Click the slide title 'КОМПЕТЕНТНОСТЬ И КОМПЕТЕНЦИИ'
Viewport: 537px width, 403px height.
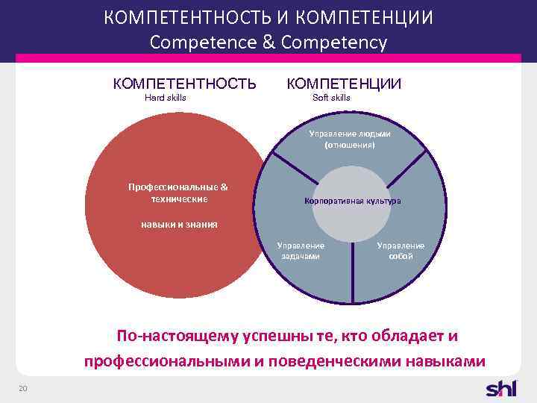(268, 18)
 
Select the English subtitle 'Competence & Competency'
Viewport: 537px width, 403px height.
(268, 43)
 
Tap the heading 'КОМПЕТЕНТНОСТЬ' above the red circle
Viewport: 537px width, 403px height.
(184, 84)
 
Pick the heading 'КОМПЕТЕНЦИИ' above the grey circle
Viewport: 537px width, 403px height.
(344, 84)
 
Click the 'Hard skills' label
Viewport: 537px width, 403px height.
(165, 98)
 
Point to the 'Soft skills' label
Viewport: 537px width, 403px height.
(330, 98)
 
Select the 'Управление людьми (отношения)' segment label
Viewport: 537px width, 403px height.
(350, 140)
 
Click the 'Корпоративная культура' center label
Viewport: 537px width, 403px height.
(352, 201)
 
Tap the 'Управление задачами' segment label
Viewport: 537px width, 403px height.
(301, 251)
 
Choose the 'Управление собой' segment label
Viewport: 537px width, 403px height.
(401, 251)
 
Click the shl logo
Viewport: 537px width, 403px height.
(500, 388)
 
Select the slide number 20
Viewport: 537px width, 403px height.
(23, 387)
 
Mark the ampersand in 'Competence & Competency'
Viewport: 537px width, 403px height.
(268, 43)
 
